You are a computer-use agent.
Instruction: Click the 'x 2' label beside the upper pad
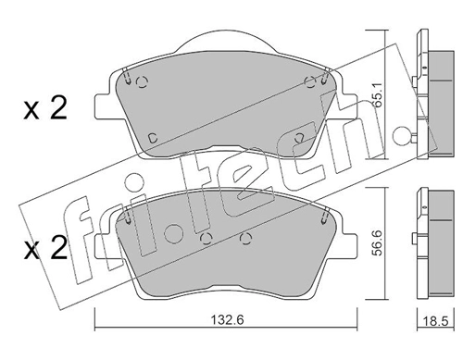click(x=45, y=110)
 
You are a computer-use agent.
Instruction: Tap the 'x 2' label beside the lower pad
click(x=45, y=248)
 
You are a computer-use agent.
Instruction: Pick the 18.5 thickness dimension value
click(x=435, y=321)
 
